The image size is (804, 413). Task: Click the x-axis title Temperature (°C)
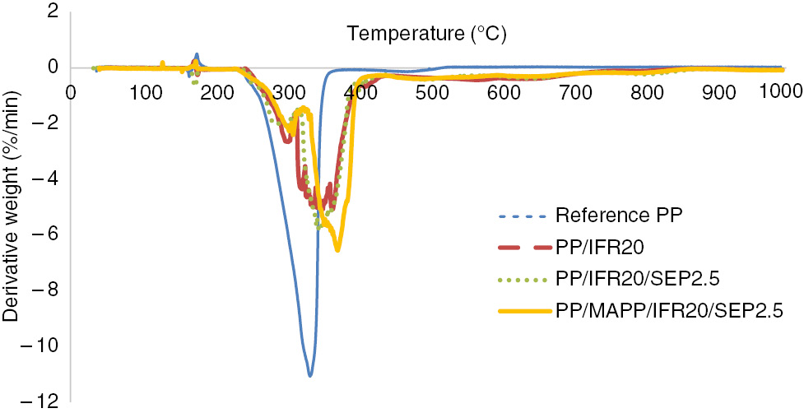click(425, 35)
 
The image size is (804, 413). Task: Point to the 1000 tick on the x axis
click(779, 88)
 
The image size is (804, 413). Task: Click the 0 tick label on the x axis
click(72, 89)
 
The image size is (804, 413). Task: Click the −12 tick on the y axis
click(46, 401)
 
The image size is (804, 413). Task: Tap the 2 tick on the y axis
click(53, 12)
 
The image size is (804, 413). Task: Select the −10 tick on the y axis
click(46, 345)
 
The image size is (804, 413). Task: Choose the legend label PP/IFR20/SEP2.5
click(620, 280)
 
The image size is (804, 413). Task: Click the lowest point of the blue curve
click(310, 376)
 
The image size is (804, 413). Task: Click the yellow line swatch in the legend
click(525, 311)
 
